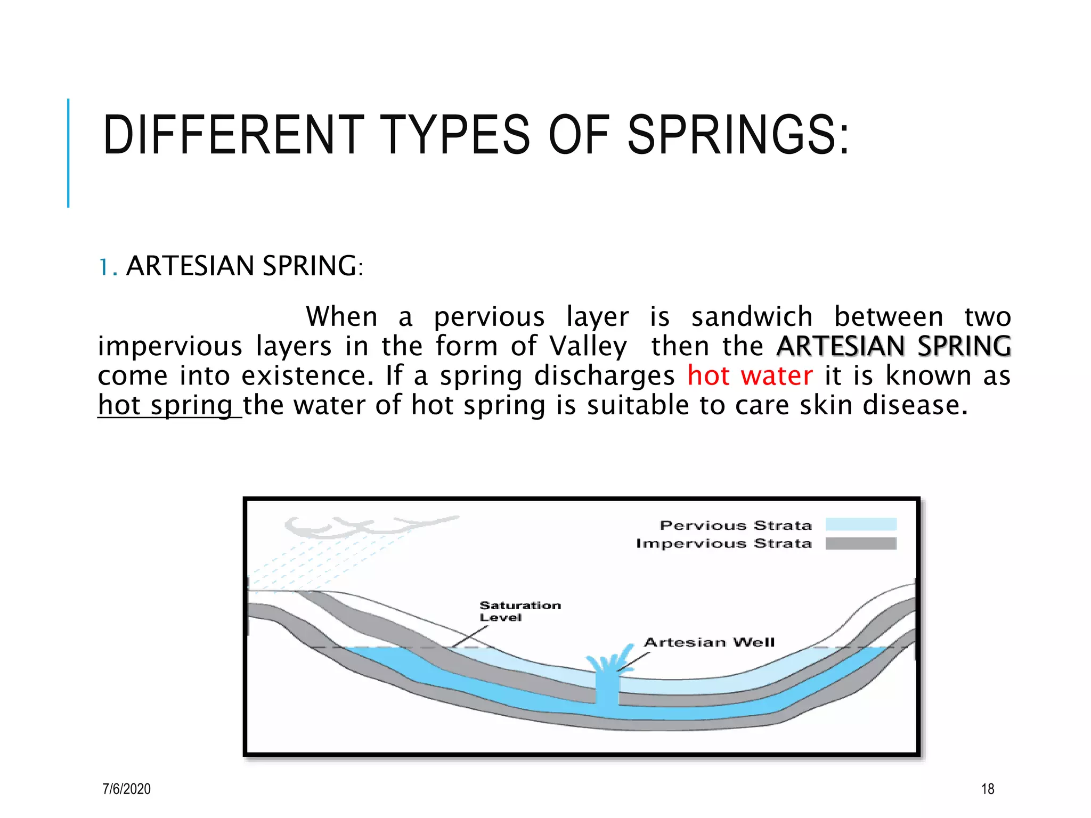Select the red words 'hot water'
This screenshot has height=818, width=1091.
[750, 375]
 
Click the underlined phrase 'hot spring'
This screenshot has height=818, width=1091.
[166, 405]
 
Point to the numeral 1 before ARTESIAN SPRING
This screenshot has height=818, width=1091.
[104, 267]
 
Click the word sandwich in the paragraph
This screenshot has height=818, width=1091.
[752, 317]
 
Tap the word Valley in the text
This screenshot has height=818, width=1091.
[588, 347]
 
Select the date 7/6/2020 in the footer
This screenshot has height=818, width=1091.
[126, 789]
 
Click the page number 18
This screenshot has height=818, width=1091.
[987, 789]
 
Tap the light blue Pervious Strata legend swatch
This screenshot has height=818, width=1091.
[860, 525]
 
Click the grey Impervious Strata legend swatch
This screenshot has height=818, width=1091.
[860, 543]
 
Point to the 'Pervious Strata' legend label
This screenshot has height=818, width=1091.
[735, 526]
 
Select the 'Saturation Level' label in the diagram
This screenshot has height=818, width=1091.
[519, 611]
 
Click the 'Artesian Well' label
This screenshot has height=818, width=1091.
[709, 642]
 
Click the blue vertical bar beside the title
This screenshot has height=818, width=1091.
[68, 153]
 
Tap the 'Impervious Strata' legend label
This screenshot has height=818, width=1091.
[723, 544]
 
